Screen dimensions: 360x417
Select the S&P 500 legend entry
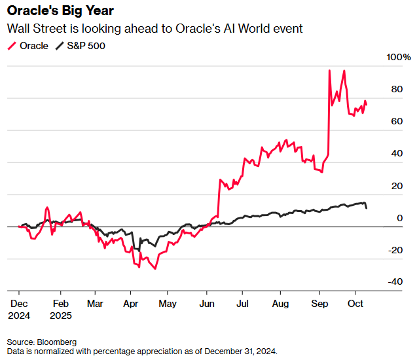click(x=80, y=46)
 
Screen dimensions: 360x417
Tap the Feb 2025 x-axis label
click(x=60, y=309)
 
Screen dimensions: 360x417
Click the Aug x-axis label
click(x=280, y=304)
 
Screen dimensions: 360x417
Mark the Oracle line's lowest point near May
click(x=155, y=268)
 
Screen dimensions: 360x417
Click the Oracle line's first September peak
click(x=329, y=71)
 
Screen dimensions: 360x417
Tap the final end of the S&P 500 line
click(x=366, y=208)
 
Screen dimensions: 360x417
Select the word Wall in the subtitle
click(x=18, y=29)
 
